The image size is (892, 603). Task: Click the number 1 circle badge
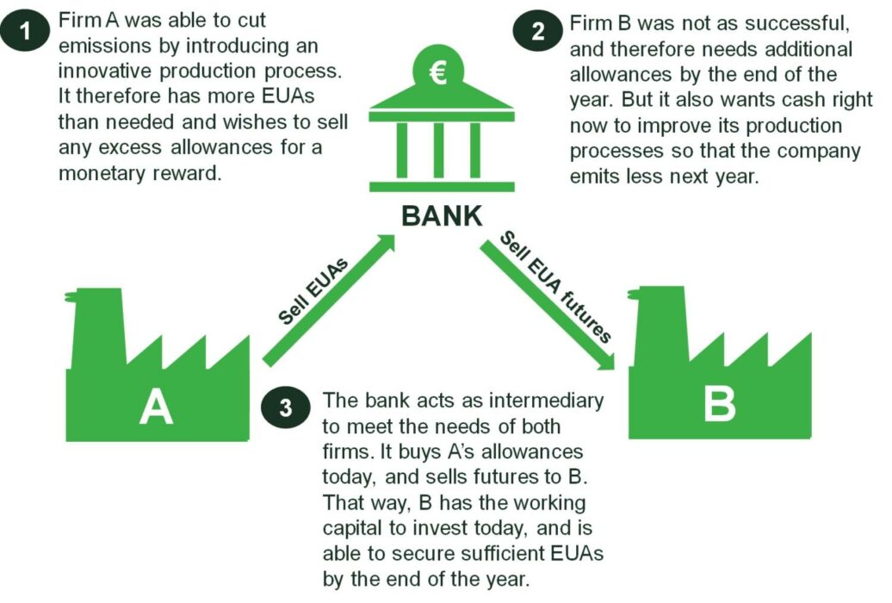pos(27,33)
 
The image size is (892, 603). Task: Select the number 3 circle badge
pos(287,407)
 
